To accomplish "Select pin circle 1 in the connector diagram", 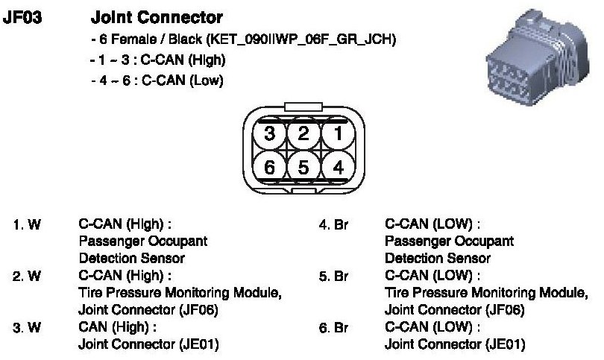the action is click(x=337, y=135).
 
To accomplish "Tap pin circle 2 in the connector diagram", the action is click(x=302, y=135).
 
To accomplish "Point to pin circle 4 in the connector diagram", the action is click(x=337, y=167).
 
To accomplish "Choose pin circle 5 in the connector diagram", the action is click(x=302, y=167).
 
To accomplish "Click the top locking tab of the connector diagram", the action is click(x=302, y=109).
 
